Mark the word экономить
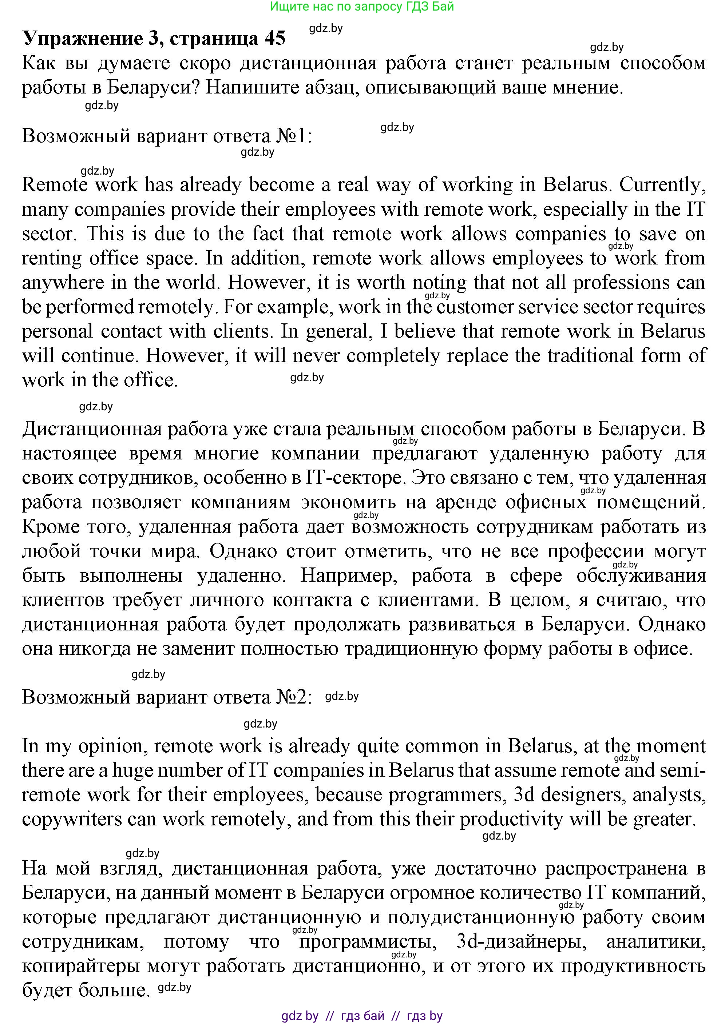348,502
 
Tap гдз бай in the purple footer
362,1016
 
